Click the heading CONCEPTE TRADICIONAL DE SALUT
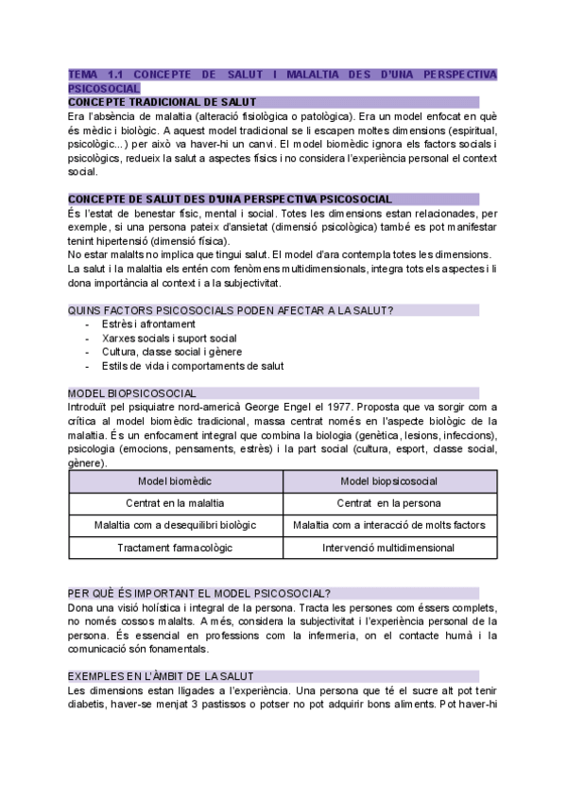coord(162,101)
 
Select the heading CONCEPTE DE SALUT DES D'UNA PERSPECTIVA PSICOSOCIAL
coord(231,200)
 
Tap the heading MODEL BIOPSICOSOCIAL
coord(132,392)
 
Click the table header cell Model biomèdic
coord(175,481)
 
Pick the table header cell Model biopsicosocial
coord(388,481)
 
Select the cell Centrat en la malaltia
coord(175,503)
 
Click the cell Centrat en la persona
coord(388,503)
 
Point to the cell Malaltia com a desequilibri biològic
coord(175,525)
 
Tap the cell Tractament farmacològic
coord(175,548)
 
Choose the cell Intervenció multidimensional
coord(388,548)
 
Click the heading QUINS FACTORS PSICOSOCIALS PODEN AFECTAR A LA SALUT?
coord(231,310)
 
